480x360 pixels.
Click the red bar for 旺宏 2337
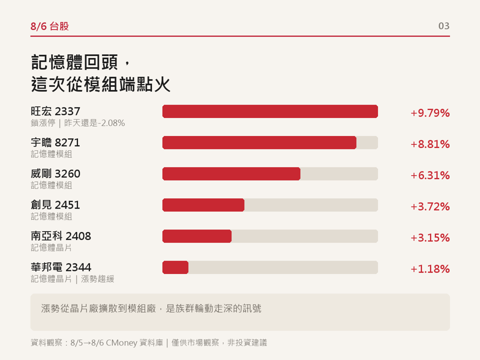point(270,111)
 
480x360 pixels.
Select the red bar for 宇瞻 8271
point(259,142)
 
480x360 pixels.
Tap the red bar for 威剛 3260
point(231,174)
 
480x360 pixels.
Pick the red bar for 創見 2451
point(203,205)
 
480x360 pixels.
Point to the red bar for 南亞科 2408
point(197,236)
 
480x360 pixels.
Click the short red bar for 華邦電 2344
point(175,267)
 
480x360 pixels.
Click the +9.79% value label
point(430,113)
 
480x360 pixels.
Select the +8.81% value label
point(430,144)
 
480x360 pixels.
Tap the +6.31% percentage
point(430,175)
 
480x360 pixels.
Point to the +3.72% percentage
point(430,206)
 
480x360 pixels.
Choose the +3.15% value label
point(430,238)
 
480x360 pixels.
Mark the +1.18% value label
point(430,269)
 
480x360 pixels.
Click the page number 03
point(444,26)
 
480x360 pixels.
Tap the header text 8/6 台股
point(49,26)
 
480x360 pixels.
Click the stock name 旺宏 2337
point(55,111)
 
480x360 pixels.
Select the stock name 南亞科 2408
point(61,236)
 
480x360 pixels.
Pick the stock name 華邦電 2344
point(61,267)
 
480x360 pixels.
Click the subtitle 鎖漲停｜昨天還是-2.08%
point(78,123)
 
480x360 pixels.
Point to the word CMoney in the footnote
point(121,342)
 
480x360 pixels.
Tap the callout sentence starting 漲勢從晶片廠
point(151,308)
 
